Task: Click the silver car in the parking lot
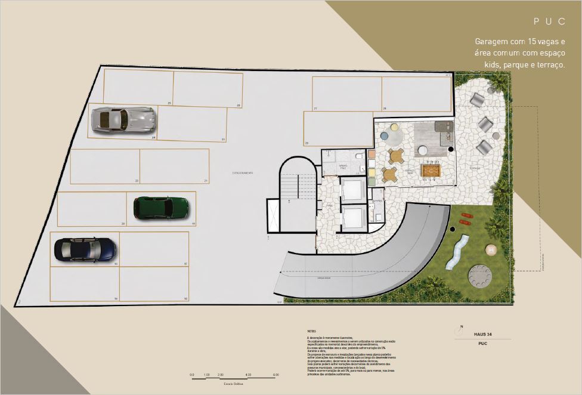[123, 120]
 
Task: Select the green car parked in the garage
[161, 208]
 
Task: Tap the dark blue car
[85, 249]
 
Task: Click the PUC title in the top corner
[549, 21]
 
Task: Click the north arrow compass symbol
[461, 327]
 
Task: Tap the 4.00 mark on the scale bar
[248, 375]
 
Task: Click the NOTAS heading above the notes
[311, 331]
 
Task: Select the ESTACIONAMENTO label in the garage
[243, 173]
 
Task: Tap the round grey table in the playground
[480, 276]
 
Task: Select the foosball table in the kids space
[430, 171]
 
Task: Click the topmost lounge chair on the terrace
[476, 100]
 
